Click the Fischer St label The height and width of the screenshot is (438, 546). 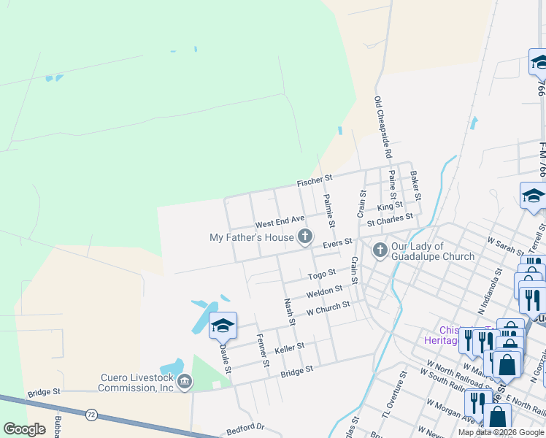click(x=315, y=178)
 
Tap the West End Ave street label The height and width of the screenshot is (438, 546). click(x=279, y=220)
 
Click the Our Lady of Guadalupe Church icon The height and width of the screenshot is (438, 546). click(x=380, y=250)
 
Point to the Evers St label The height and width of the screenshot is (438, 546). click(x=338, y=242)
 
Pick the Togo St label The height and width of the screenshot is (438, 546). click(x=321, y=274)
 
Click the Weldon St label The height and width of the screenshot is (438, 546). click(x=324, y=292)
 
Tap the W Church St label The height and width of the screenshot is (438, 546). click(x=328, y=308)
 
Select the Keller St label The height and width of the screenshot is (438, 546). click(x=289, y=349)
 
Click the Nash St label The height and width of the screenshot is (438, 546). click(x=290, y=311)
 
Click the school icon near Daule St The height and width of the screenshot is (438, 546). click(x=223, y=326)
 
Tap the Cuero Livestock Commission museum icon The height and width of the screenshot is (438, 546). click(x=185, y=381)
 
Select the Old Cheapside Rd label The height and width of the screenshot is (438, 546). click(x=383, y=128)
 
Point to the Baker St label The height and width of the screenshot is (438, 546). click(x=415, y=185)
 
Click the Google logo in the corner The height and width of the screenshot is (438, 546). click(x=25, y=429)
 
